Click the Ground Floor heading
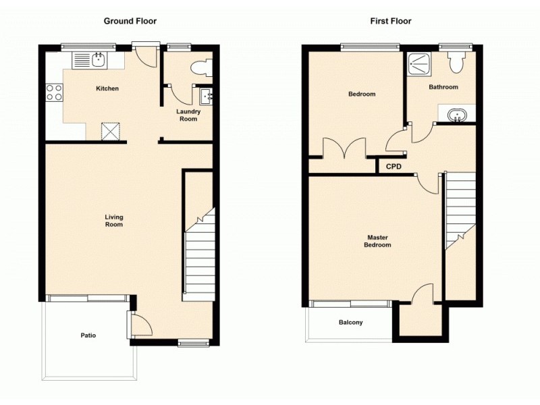(130, 21)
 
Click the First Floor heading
(390, 21)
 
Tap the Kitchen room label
(107, 88)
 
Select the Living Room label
(113, 221)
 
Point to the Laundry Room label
(188, 115)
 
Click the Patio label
(88, 335)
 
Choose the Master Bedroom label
(377, 241)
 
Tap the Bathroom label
(443, 87)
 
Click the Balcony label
(350, 323)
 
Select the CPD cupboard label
(394, 166)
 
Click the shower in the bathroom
(421, 64)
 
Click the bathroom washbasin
(458, 114)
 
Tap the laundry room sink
(206, 97)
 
